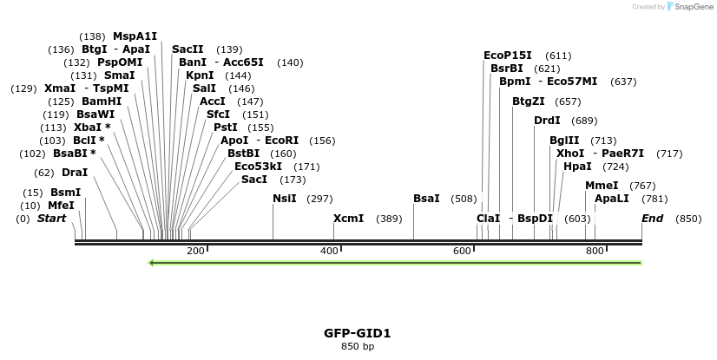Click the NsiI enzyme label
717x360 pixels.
(285, 199)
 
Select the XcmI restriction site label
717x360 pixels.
(349, 219)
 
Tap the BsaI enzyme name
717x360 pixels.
(426, 199)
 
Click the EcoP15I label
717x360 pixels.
(508, 56)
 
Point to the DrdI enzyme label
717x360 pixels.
(547, 121)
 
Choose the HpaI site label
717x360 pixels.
(577, 167)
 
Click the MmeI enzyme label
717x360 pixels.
(602, 186)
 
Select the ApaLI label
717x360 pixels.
(612, 199)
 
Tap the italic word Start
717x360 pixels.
(51, 219)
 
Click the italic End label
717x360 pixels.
(652, 219)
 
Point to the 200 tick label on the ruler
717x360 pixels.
(195, 252)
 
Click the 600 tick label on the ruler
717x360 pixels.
(462, 252)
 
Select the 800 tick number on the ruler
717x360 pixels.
(595, 252)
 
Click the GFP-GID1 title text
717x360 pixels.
(358, 333)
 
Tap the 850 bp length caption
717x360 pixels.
(358, 347)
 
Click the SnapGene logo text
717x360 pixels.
(691, 7)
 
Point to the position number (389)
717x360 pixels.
(389, 219)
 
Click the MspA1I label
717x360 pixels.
(135, 36)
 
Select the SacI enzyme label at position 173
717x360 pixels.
(254, 180)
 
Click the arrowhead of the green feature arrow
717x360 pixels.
(152, 262)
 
